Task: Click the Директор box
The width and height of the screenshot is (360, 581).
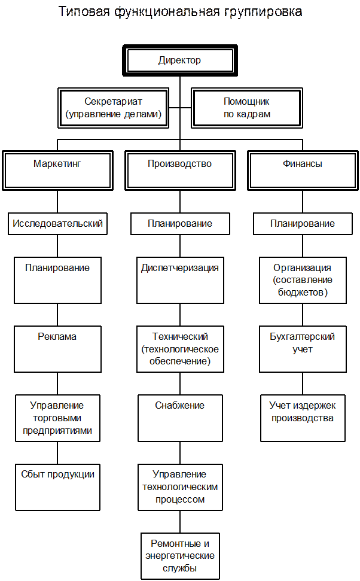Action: pyautogui.click(x=179, y=60)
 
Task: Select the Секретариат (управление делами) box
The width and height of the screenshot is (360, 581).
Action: pyautogui.click(x=113, y=108)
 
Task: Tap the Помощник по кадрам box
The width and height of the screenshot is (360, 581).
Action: pyautogui.click(x=246, y=108)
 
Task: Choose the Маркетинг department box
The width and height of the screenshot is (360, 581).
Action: pyautogui.click(x=57, y=171)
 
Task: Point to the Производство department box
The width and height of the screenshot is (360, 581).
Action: pyautogui.click(x=179, y=171)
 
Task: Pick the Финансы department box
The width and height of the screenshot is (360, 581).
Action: pyautogui.click(x=303, y=171)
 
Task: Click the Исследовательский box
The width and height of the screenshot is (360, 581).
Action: pyautogui.click(x=57, y=224)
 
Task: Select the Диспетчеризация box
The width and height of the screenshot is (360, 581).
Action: pyautogui.click(x=179, y=280)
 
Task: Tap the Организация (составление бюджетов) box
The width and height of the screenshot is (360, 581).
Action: pyautogui.click(x=302, y=280)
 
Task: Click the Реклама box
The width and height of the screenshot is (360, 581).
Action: pyautogui.click(x=57, y=349)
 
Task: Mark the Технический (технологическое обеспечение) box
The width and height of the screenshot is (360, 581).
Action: pyautogui.click(x=179, y=349)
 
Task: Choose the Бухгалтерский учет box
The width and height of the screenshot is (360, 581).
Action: pyautogui.click(x=302, y=349)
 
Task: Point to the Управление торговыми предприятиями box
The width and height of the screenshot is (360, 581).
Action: pyautogui.click(x=57, y=418)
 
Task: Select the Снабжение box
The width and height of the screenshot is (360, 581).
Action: pyautogui.click(x=179, y=418)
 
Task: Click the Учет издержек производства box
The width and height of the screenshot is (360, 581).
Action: pyautogui.click(x=302, y=418)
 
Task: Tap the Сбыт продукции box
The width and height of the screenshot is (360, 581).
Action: pyautogui.click(x=57, y=487)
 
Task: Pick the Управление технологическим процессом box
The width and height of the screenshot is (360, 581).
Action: pyautogui.click(x=179, y=487)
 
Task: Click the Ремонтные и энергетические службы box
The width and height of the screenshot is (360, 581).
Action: pyautogui.click(x=179, y=556)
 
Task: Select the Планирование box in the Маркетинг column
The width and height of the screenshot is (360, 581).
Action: pyautogui.click(x=57, y=280)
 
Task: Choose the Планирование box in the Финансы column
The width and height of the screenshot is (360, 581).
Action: pyautogui.click(x=302, y=224)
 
